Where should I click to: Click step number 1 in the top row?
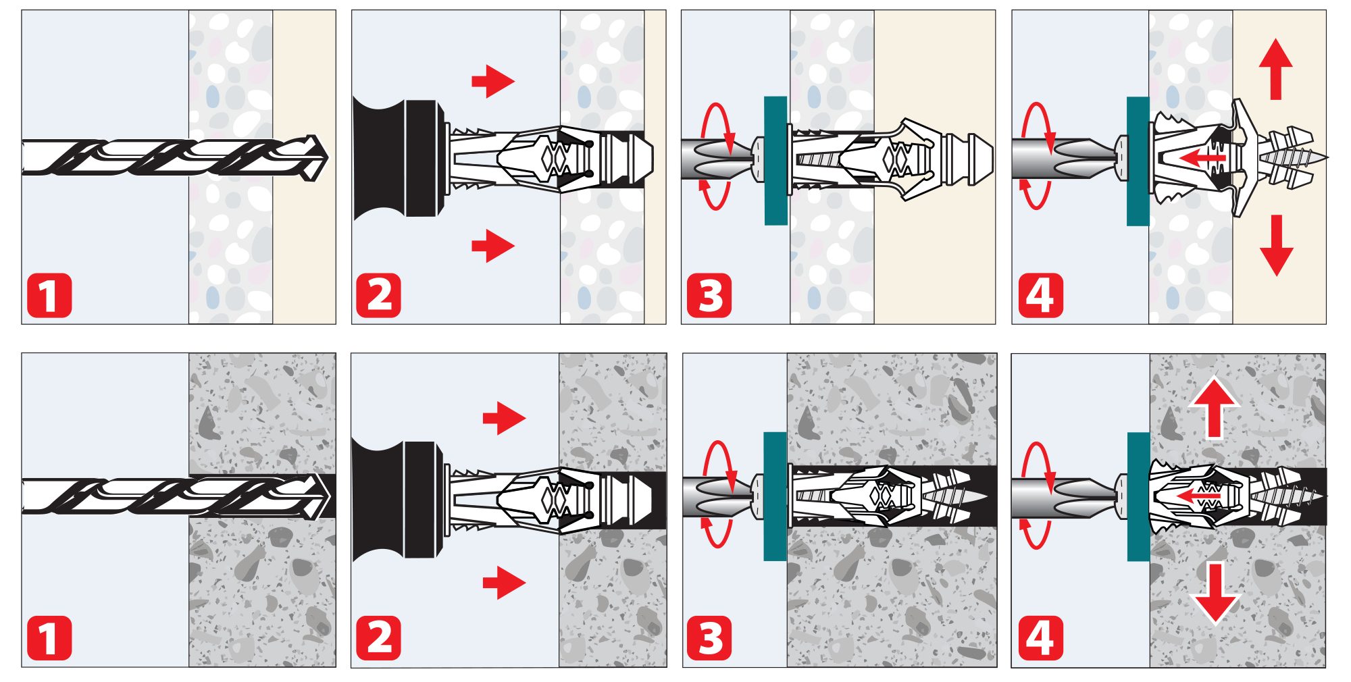tap(49, 295)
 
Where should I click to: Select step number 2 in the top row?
tap(378, 295)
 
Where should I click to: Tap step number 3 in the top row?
tap(709, 295)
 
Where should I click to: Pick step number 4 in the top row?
tap(1040, 295)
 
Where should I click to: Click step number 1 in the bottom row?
tap(49, 638)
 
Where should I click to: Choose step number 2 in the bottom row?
tap(378, 638)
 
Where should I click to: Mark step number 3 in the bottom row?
tap(709, 638)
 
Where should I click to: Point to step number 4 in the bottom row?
tap(1040, 638)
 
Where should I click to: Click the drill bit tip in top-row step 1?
tap(327, 158)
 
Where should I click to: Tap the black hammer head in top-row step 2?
tap(399, 159)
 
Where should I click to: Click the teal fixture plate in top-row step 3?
tap(775, 161)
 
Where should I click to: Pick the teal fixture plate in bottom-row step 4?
tap(1139, 497)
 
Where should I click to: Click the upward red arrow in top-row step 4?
tap(1276, 70)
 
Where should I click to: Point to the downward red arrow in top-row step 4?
tap(1276, 245)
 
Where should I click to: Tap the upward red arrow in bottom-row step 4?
tap(1214, 407)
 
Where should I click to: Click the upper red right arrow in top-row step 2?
tap(493, 82)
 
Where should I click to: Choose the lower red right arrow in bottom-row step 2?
tap(504, 582)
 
